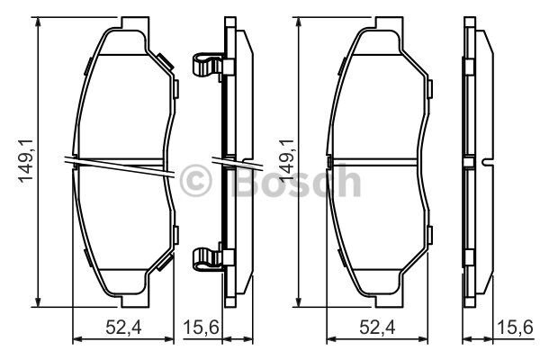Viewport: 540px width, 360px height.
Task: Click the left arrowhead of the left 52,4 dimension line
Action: [x=75, y=339]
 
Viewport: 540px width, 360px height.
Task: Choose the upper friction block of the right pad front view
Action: [x=378, y=99]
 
